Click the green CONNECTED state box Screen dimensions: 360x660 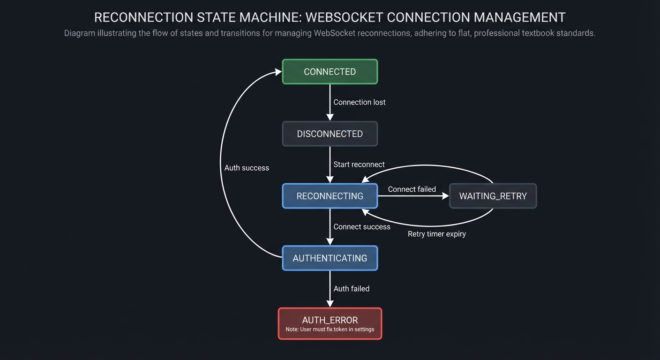[330, 72]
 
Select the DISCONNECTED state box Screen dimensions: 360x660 [330, 134]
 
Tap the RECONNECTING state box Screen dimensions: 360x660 [330, 196]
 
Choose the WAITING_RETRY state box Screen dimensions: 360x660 [493, 196]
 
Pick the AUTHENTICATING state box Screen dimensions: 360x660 [330, 258]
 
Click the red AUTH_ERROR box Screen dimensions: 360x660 [330, 320]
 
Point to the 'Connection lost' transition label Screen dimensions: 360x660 [359, 102]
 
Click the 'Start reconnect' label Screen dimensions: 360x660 [359, 165]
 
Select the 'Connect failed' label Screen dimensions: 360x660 [412, 189]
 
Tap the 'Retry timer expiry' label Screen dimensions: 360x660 [436, 234]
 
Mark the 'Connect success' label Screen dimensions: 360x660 [361, 227]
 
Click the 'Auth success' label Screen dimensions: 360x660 [247, 168]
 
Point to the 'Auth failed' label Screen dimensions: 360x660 [351, 289]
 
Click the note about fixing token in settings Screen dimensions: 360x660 [330, 330]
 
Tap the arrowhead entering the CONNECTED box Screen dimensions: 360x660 [278, 72]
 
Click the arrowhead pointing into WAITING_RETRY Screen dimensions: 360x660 [445, 196]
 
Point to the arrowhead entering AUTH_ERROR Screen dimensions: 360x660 [330, 304]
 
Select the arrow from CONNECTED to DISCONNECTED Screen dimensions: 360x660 [330, 101]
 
